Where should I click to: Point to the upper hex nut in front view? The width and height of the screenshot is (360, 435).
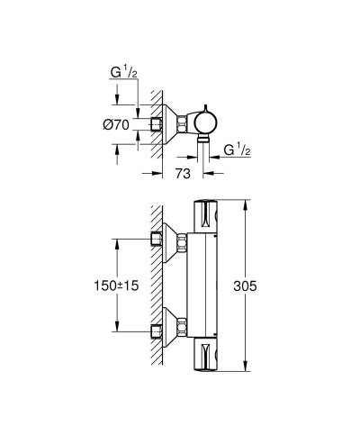(184, 240)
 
